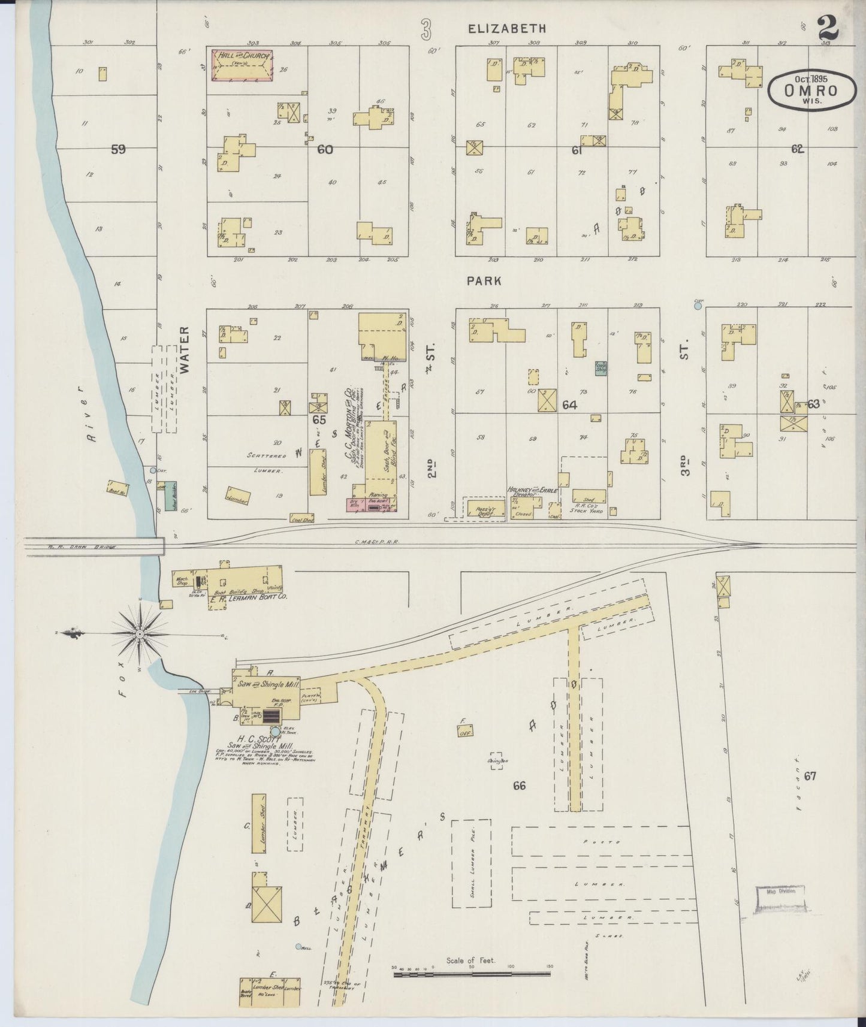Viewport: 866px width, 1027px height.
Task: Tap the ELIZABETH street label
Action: point(507,28)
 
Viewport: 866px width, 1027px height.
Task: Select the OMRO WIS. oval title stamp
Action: point(811,90)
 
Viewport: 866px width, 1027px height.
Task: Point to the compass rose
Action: point(139,633)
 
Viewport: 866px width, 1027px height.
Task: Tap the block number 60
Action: point(325,150)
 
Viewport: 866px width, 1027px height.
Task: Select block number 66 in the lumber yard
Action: point(519,786)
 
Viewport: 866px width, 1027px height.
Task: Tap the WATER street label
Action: point(184,350)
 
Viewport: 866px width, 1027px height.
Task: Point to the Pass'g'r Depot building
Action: point(483,508)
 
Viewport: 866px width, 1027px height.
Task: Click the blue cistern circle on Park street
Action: point(698,306)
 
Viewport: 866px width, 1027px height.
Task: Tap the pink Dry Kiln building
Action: point(354,505)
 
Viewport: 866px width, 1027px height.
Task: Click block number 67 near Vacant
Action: point(810,777)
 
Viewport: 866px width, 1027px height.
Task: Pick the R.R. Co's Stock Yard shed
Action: point(589,497)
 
